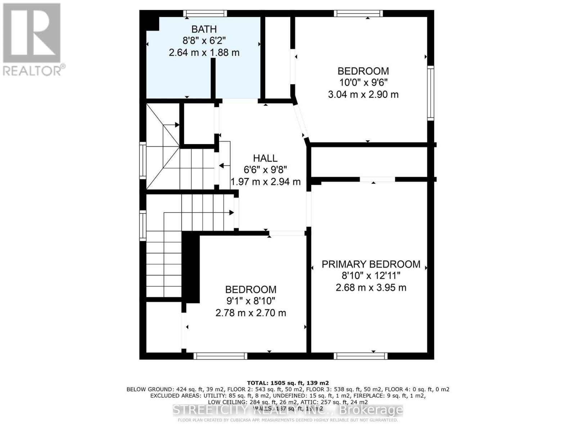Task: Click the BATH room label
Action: (204, 29)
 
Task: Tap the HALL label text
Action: (265, 158)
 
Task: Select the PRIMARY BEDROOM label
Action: (371, 264)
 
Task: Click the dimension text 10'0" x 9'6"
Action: (363, 82)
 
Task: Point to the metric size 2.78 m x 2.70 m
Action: (251, 313)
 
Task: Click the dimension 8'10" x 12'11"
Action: (371, 276)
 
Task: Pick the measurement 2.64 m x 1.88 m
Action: (204, 53)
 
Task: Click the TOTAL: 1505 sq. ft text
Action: (288, 383)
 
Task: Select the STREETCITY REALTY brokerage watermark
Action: (288, 410)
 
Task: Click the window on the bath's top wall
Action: (205, 14)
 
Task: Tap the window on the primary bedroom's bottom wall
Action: (361, 356)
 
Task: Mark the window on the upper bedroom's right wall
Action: (431, 93)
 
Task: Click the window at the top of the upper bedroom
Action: (358, 14)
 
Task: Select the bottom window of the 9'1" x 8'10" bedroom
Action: (220, 356)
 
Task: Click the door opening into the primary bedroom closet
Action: (377, 179)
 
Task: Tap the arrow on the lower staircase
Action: (230, 213)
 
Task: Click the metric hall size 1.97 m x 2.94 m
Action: (265, 182)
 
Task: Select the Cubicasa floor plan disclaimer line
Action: (288, 420)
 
